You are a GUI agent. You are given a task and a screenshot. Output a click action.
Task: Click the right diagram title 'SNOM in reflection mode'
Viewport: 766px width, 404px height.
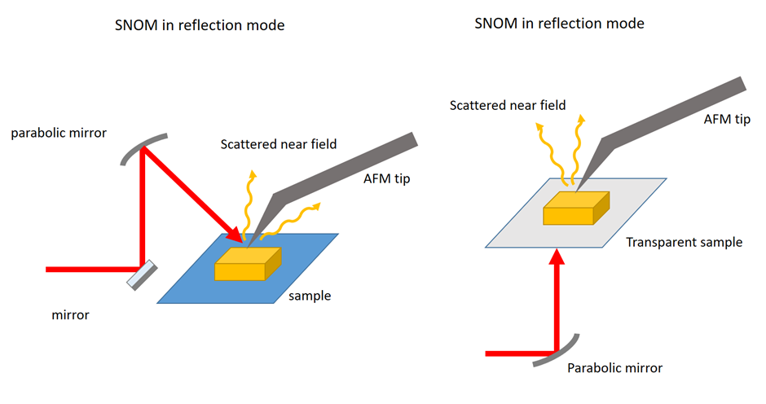[x=559, y=24]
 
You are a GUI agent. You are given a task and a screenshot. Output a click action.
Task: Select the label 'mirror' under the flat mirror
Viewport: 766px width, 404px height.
[x=68, y=314]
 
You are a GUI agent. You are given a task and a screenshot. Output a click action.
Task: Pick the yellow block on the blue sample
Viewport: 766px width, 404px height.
[x=247, y=263]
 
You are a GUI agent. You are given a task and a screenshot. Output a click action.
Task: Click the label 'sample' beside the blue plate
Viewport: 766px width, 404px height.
[x=310, y=296]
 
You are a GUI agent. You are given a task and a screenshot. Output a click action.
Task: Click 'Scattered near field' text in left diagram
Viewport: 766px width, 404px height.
[x=279, y=145]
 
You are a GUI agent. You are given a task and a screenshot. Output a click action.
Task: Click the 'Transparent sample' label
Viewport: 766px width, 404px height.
[x=684, y=242]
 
